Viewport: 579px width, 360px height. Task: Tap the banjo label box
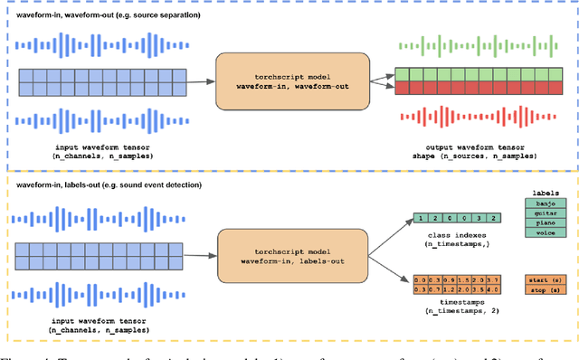tap(546, 205)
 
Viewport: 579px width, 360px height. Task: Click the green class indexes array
tap(451, 219)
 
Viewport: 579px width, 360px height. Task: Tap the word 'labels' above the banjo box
tap(546, 193)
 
